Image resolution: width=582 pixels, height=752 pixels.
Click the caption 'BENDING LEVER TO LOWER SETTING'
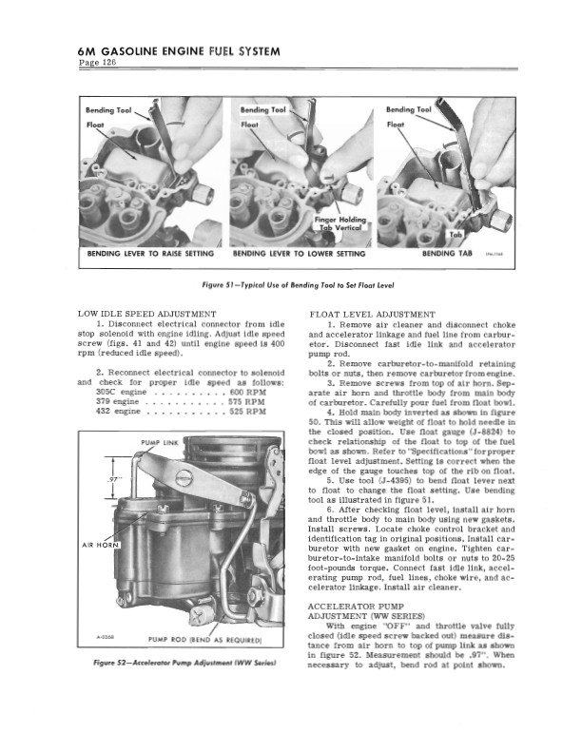pos(300,255)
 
